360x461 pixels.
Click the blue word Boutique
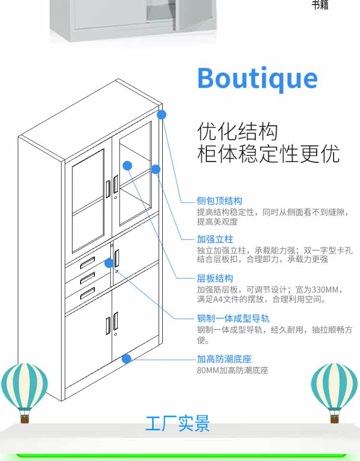[257, 78]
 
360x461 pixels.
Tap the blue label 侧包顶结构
[219, 201]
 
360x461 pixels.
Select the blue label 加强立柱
[215, 239]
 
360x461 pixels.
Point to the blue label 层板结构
[215, 279]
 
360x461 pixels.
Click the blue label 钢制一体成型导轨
[233, 318]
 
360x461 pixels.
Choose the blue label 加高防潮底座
[224, 359]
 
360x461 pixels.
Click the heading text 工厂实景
[178, 424]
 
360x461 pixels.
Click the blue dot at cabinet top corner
[162, 115]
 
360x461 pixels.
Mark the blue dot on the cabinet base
[127, 358]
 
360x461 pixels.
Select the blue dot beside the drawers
[109, 263]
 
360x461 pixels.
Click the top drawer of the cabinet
[87, 263]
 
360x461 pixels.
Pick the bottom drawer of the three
[87, 294]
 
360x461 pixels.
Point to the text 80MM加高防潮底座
[232, 371]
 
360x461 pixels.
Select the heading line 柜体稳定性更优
[268, 154]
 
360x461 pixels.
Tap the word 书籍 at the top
[320, 6]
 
